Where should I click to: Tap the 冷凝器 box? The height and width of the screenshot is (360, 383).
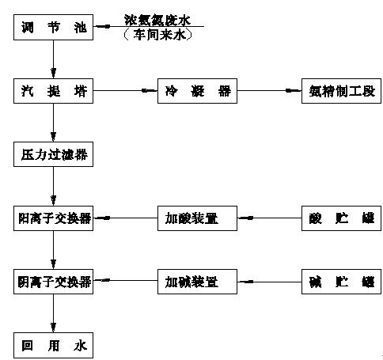[195, 91]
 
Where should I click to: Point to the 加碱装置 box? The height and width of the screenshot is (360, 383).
[195, 281]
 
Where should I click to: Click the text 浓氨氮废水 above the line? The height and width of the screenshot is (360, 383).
[157, 18]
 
